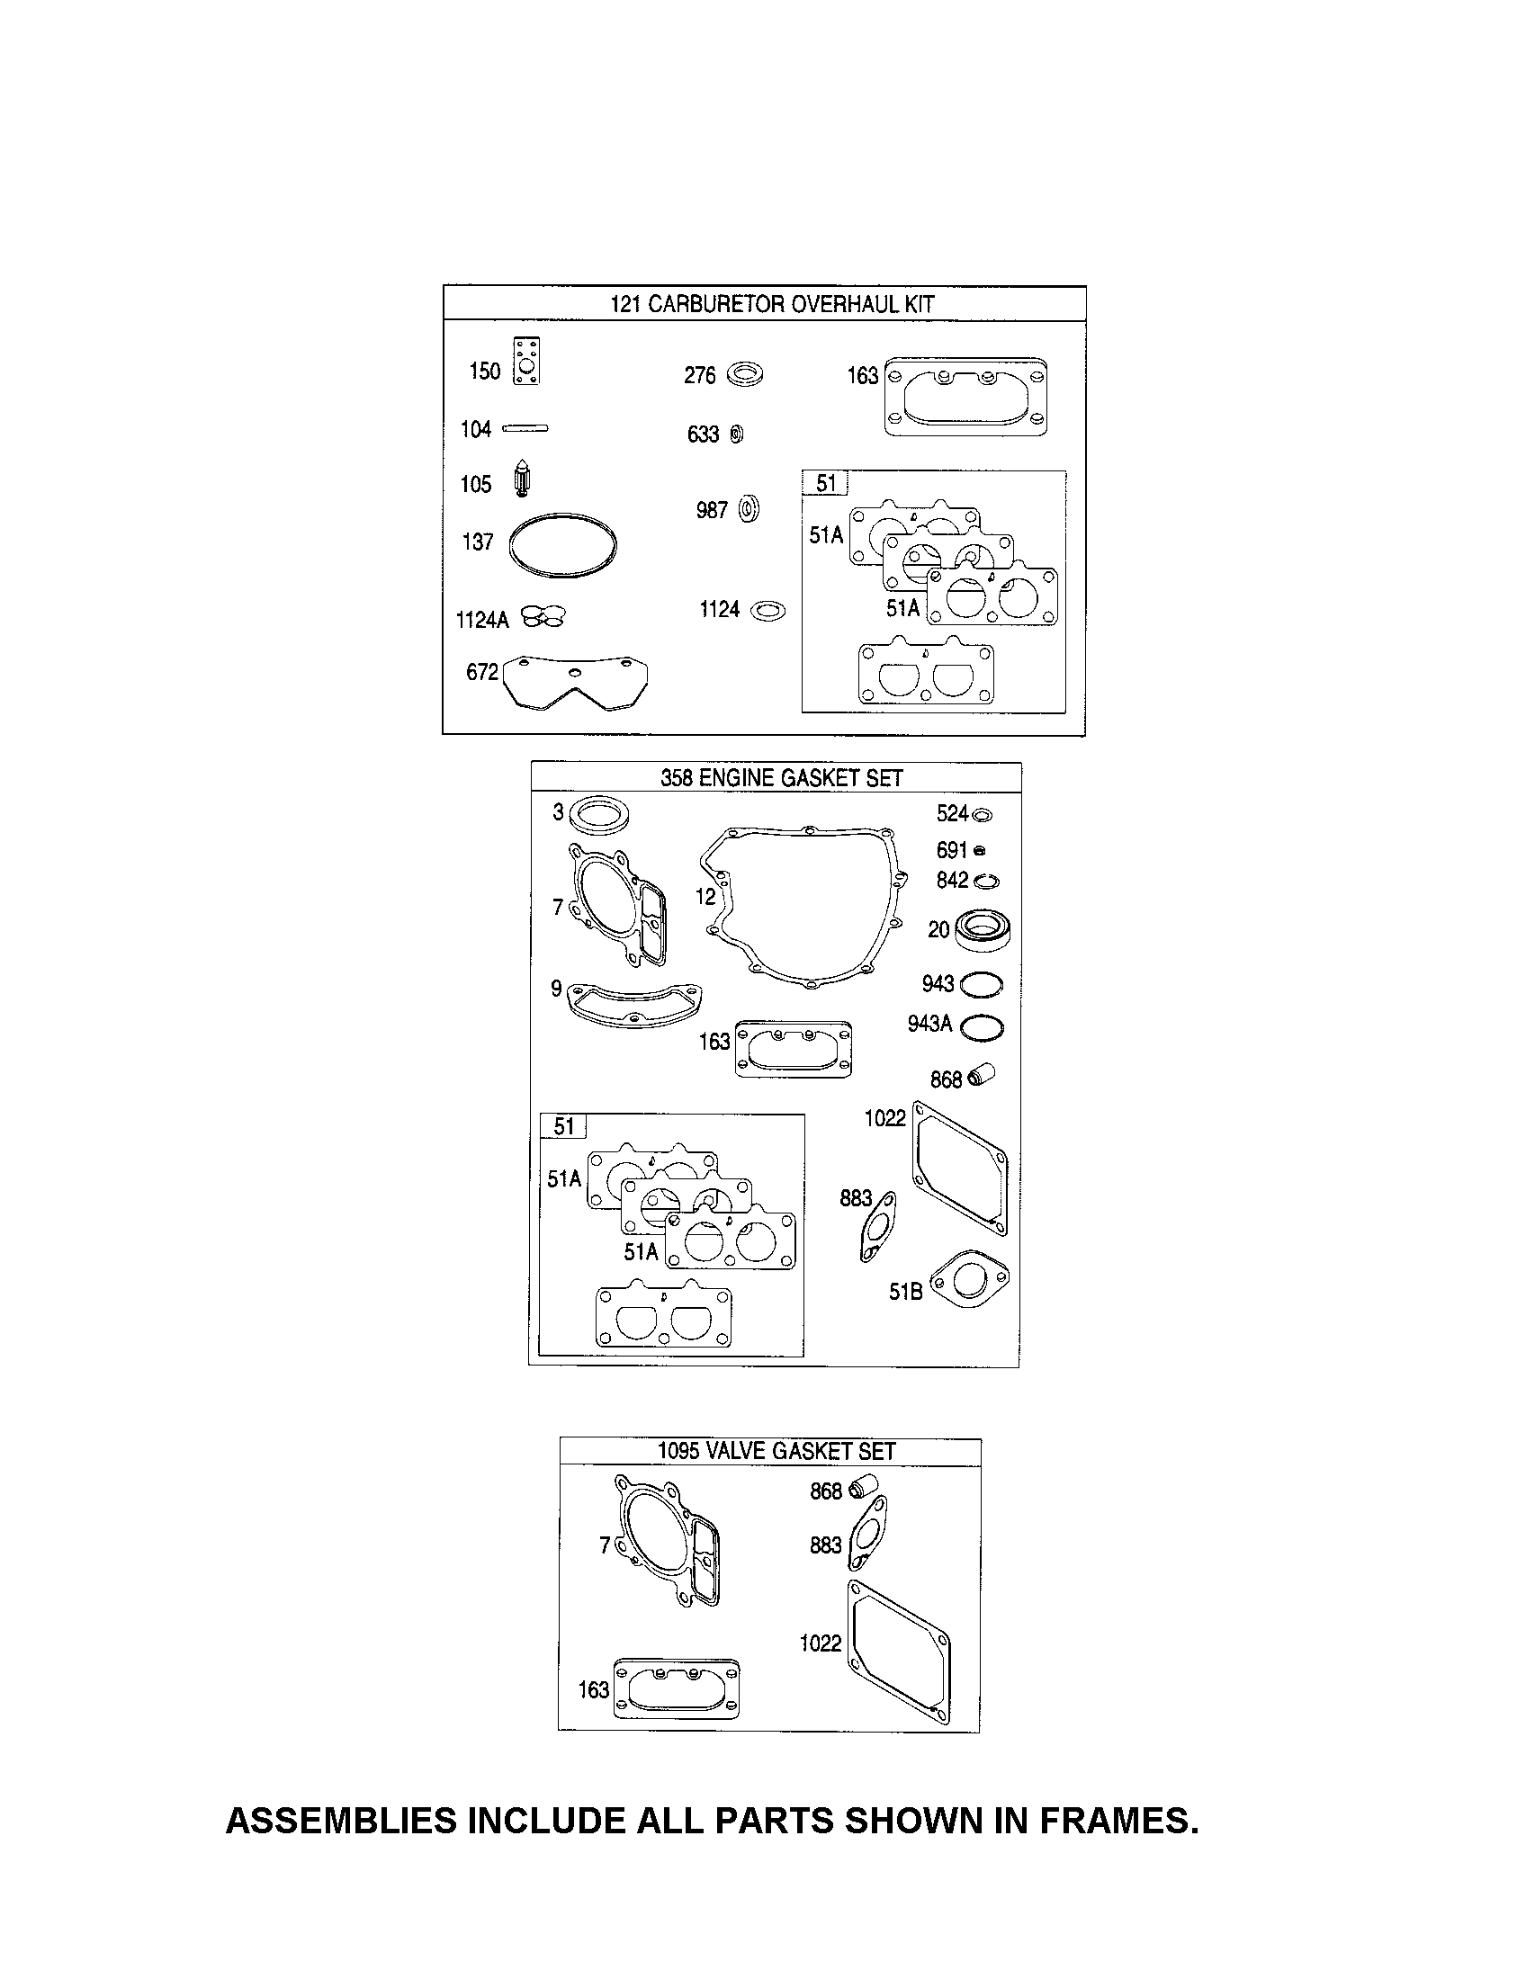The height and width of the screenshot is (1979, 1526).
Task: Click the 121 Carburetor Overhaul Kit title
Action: tap(771, 303)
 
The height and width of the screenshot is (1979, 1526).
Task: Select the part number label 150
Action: tap(485, 371)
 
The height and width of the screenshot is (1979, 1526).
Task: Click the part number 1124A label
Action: tap(482, 620)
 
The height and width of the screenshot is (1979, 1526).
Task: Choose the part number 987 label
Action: tap(712, 510)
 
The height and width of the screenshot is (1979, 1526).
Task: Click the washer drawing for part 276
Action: tap(745, 373)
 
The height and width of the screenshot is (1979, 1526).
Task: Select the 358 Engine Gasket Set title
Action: tap(781, 777)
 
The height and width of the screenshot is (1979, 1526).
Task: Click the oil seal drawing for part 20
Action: tap(983, 930)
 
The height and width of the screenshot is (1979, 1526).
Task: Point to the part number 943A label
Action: tap(929, 1024)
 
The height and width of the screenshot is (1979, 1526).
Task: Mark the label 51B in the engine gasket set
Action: tap(905, 1291)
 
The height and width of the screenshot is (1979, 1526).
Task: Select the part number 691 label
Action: tap(951, 850)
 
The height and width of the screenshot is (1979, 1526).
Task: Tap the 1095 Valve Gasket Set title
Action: tap(776, 1451)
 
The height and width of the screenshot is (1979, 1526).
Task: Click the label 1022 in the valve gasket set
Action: tap(820, 1643)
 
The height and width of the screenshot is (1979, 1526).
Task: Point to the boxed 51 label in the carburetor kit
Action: tap(825, 484)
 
